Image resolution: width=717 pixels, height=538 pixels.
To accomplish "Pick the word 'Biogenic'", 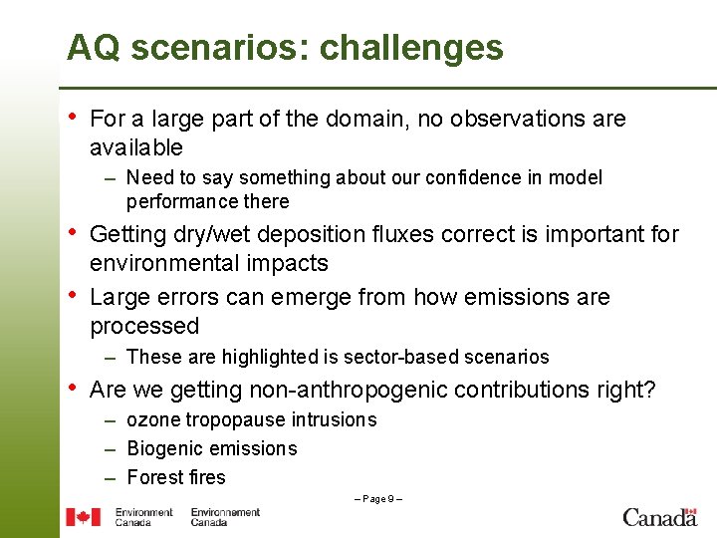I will coord(162,449).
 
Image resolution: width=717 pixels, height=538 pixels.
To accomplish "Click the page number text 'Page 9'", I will coord(377,498).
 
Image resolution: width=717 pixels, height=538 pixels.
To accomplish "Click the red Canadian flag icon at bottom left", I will coord(83,517).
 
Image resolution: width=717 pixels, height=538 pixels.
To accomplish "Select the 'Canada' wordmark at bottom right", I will coord(659,517).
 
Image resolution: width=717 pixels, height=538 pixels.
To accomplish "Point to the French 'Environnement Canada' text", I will coord(225,517).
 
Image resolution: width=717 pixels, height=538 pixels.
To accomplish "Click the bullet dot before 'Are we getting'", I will coord(72,389).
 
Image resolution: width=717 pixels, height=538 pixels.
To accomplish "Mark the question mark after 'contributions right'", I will coord(650,391).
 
